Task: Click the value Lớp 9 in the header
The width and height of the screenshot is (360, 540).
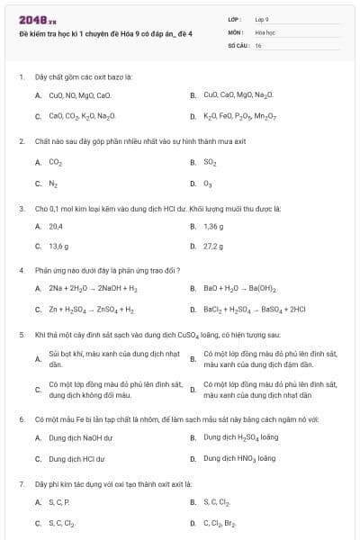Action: tap(262, 19)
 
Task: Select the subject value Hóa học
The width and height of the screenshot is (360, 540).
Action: tap(264, 31)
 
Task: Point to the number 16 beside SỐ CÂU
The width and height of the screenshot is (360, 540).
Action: tap(258, 44)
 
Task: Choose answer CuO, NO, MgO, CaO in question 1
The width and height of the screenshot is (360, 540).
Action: tap(80, 94)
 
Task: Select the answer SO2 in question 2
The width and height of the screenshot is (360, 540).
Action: tap(210, 163)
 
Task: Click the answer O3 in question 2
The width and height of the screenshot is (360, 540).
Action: tap(209, 184)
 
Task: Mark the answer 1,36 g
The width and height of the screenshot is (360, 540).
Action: tap(213, 227)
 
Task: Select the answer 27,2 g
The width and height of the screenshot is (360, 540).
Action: tap(213, 246)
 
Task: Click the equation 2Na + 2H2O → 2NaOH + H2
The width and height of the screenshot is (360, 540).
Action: tap(93, 289)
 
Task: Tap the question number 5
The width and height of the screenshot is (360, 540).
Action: tap(21, 334)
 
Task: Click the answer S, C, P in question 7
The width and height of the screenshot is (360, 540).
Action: tap(58, 501)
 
